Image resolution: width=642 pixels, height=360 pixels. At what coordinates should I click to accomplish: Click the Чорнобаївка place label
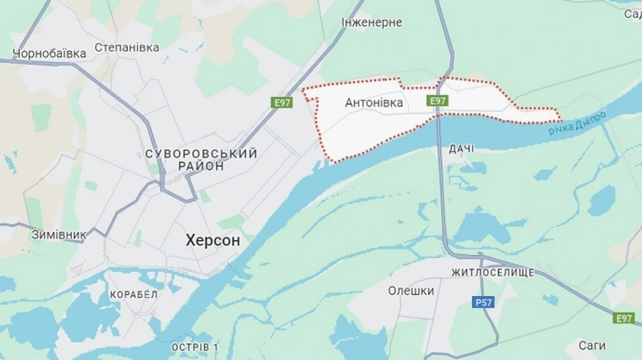coord(49,53)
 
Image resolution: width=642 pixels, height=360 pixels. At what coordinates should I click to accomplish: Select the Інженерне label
coord(371,22)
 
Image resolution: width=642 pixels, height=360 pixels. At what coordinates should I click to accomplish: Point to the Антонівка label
coord(374,103)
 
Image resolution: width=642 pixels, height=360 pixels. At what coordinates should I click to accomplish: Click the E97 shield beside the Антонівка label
coord(437,101)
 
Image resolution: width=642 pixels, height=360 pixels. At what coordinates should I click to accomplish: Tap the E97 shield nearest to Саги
coord(624,318)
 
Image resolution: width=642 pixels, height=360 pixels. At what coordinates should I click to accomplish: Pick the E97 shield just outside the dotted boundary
coord(282,103)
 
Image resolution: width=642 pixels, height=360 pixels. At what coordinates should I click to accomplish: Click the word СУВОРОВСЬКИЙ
coord(200,153)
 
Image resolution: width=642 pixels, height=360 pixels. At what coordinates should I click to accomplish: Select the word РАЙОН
coord(197,166)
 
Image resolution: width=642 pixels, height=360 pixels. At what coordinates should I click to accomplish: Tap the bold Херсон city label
coord(213,241)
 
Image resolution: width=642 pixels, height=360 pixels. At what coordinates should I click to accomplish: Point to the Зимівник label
coord(58,234)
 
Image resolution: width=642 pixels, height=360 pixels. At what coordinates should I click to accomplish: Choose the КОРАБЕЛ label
coord(133,294)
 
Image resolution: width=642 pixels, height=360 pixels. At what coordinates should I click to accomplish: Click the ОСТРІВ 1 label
coord(195,347)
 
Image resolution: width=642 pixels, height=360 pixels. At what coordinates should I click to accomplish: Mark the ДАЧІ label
coord(462,148)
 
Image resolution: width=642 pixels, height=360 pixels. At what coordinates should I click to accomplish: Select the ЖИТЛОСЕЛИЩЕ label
coord(492,273)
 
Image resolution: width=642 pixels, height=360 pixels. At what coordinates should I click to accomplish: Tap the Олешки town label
coord(411,291)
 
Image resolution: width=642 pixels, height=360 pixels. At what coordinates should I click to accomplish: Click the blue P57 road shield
coord(484,303)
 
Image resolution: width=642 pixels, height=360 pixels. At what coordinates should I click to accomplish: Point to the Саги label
coord(592,346)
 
